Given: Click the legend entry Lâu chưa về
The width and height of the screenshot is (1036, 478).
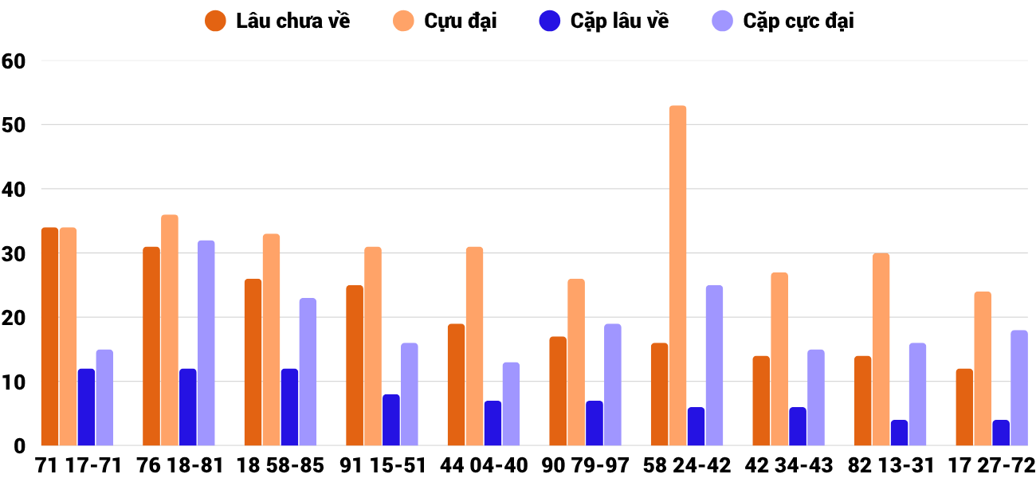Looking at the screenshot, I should [x=278, y=22].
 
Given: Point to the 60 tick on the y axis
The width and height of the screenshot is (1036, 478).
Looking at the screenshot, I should [x=14, y=61].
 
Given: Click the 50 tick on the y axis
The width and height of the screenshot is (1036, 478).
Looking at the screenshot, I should [x=14, y=125].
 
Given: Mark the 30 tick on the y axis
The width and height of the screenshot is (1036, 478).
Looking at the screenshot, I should [x=14, y=254].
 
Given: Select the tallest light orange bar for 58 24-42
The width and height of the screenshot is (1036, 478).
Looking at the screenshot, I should [x=677, y=276].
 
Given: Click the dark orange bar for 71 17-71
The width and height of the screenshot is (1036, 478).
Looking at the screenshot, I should [x=49, y=336].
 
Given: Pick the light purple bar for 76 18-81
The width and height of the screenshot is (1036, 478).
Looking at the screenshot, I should [x=206, y=343].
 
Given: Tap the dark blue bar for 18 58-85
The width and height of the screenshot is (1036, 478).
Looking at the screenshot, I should [x=289, y=407].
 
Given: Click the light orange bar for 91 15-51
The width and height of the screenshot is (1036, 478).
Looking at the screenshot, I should [x=373, y=346].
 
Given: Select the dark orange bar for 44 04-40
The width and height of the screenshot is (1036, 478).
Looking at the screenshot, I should [x=456, y=385].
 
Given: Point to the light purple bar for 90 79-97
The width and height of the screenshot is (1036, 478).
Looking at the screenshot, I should [x=612, y=385].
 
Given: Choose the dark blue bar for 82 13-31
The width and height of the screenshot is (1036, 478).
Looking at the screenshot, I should [x=899, y=433].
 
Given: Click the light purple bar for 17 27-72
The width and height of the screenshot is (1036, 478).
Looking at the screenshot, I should [x=1018, y=388].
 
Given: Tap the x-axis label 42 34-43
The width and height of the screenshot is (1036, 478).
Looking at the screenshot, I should [x=788, y=464].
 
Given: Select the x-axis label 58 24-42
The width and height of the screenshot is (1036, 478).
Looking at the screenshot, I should [x=687, y=464].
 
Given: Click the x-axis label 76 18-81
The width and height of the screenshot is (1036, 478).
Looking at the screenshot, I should [x=179, y=464].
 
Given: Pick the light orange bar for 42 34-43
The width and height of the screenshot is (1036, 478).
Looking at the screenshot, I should [x=779, y=358].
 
